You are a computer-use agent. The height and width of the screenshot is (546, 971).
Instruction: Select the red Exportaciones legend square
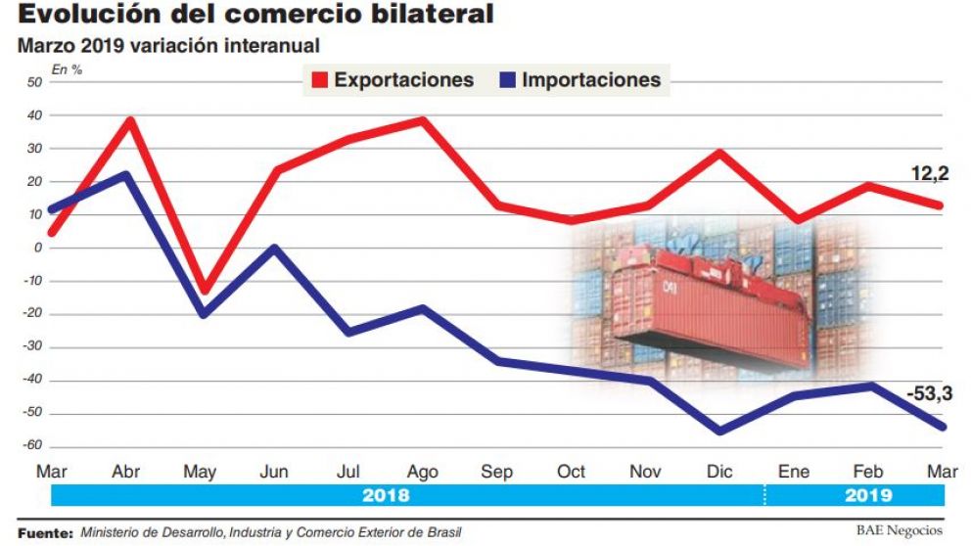coord(319,80)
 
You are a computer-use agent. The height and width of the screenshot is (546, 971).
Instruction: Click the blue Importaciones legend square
coord(507,80)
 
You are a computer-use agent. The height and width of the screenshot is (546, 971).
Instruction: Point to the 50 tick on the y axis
coord(34,82)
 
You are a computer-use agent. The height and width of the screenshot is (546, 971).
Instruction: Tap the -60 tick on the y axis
coord(31,446)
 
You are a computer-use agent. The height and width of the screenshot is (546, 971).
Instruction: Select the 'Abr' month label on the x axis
coord(127,472)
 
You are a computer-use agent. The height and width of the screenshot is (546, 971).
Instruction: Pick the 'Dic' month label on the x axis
coord(719,472)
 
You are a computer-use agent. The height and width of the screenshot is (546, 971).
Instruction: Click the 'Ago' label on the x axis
coord(422,472)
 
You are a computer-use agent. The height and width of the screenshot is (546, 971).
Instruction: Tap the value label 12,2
coord(930,174)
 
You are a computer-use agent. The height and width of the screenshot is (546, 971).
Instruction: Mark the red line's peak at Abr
coord(128,120)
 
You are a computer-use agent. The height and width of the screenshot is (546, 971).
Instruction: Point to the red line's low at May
coord(203,291)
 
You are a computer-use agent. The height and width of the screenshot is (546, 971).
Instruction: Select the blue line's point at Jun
coord(276,248)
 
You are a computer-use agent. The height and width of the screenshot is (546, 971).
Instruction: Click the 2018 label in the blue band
coord(386,496)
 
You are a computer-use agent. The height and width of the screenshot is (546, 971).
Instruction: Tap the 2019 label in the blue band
coord(867,496)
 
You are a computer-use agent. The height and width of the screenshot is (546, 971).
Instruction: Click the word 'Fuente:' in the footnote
coord(45,533)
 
